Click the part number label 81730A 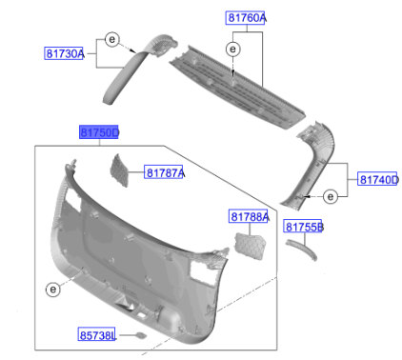click(64, 53)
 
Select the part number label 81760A click(246, 18)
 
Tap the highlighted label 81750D click(99, 132)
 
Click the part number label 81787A click(164, 172)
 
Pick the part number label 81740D click(377, 179)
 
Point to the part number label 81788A click(249, 216)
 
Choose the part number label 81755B click(303, 227)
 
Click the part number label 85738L click(97, 334)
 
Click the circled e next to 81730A click(111, 39)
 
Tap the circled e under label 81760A click(232, 50)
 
